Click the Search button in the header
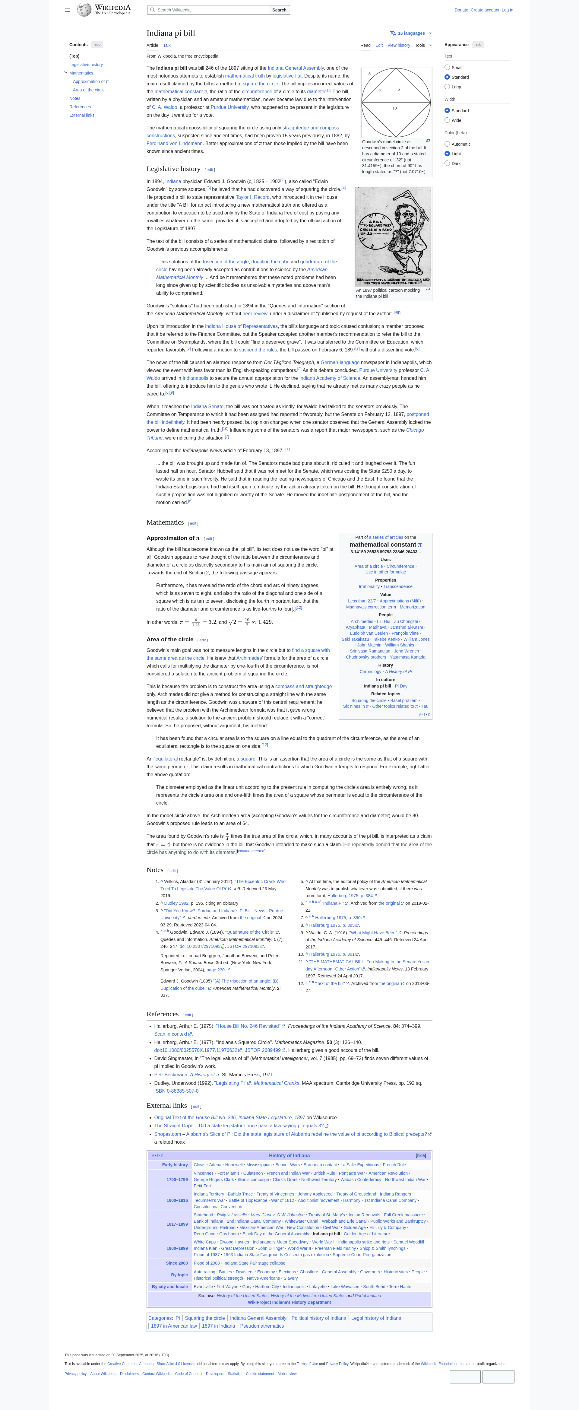pos(279,10)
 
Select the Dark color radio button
pos(447,163)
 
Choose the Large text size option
pos(447,87)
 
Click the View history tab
pos(398,46)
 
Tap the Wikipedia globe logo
pos(84,10)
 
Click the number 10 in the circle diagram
pos(394,108)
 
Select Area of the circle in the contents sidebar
pos(89,90)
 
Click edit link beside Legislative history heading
pos(210,170)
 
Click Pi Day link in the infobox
pos(401,686)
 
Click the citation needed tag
pos(251,851)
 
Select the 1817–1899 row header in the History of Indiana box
pos(177,1224)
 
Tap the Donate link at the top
pos(461,10)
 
